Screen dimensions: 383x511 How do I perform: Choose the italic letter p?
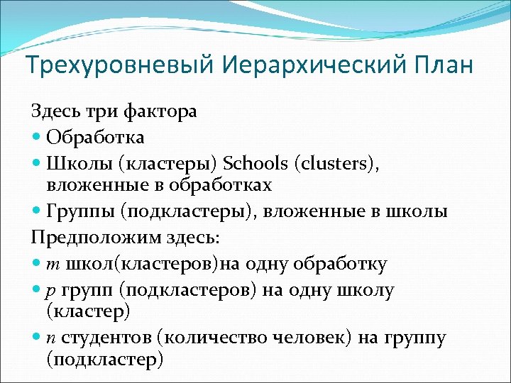pos(50,290)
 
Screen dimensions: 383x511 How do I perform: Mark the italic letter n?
pos(50,338)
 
